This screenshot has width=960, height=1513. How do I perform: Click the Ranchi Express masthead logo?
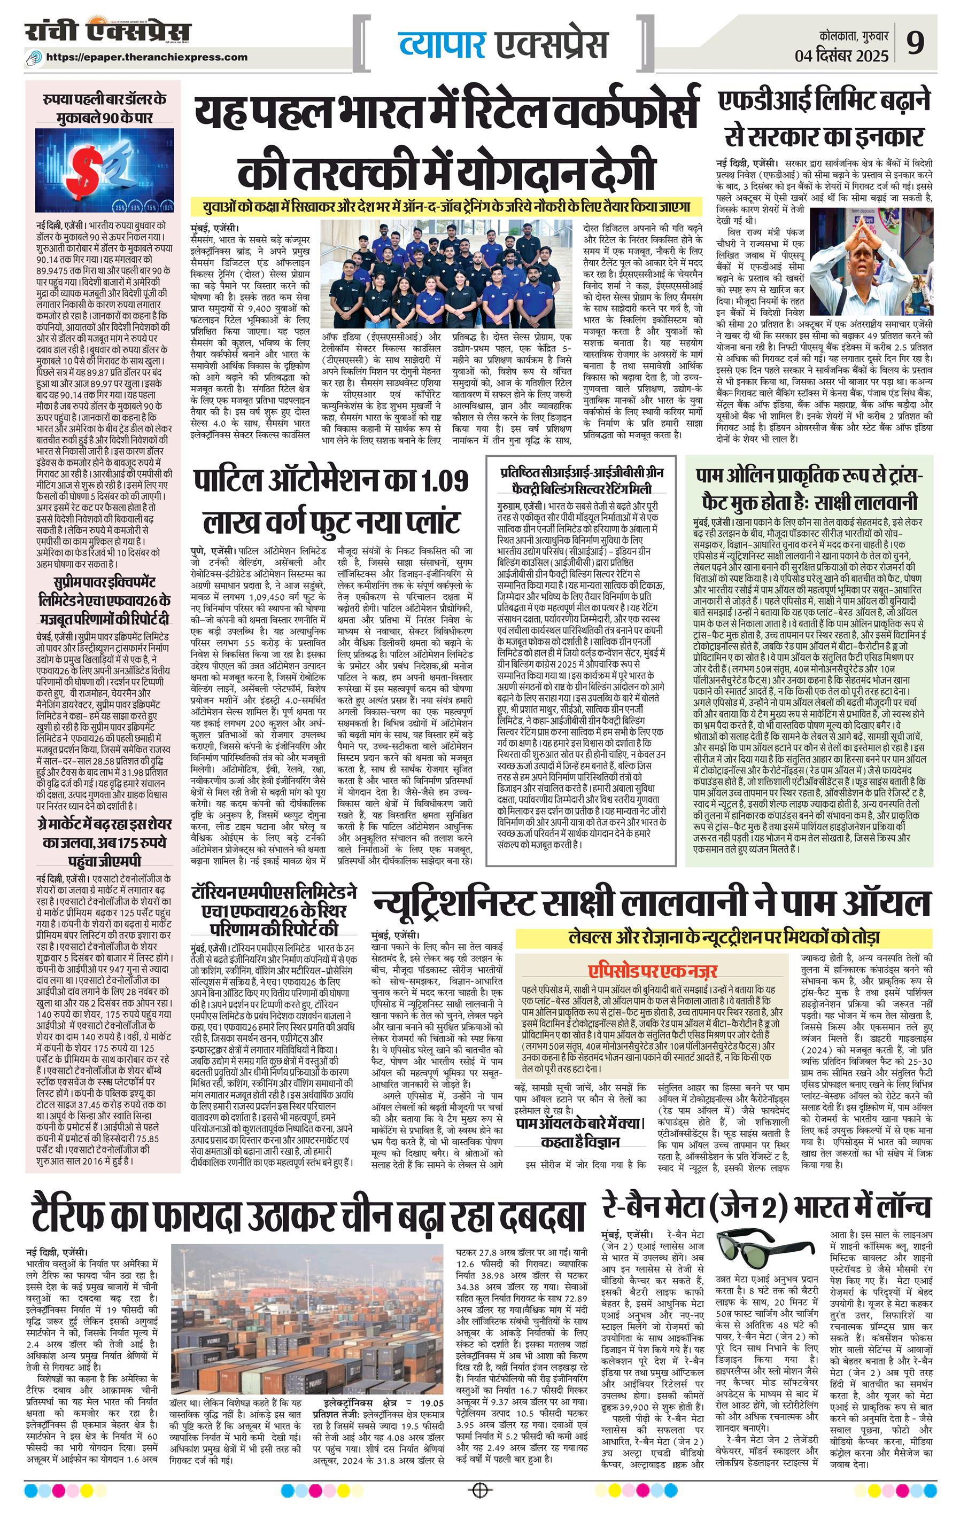[107, 33]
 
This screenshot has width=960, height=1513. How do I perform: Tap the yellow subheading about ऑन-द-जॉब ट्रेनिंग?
[446, 206]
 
